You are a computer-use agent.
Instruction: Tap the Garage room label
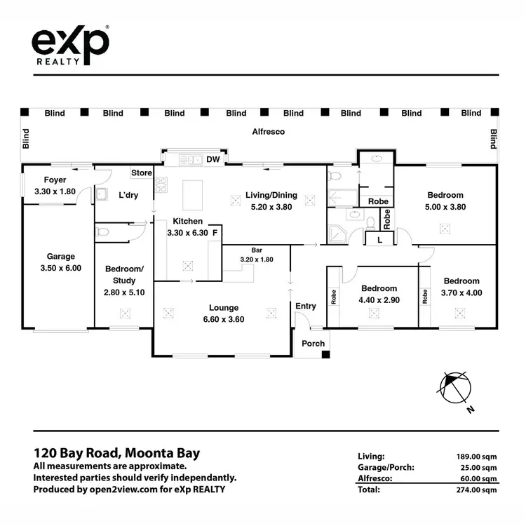(x=60, y=262)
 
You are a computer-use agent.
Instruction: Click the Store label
(x=142, y=173)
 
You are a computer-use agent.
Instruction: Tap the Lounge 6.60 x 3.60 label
(x=223, y=313)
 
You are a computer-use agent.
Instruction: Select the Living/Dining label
(x=271, y=201)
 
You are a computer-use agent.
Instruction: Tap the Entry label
(x=306, y=306)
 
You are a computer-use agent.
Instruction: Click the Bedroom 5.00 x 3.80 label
(x=445, y=201)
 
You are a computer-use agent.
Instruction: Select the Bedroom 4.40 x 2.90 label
(x=379, y=294)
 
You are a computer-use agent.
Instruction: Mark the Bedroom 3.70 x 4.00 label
(x=460, y=287)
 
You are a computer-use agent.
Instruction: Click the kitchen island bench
(x=192, y=196)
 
